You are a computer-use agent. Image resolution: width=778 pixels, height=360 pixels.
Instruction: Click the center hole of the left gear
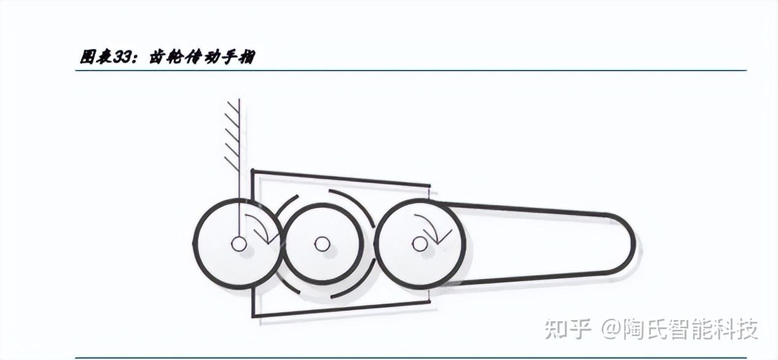[238, 244]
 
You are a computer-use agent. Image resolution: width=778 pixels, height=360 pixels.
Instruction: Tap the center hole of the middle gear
[321, 244]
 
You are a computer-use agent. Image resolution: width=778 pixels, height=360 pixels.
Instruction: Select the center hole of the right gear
[420, 244]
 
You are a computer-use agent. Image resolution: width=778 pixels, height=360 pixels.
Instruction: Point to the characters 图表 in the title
[96, 57]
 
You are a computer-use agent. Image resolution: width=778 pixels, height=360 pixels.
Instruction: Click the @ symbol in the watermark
[611, 330]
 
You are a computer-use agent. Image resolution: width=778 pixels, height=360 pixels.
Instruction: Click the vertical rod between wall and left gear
[238, 184]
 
